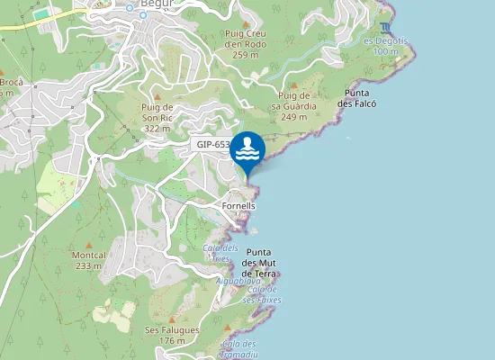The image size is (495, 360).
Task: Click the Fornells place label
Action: point(238,206)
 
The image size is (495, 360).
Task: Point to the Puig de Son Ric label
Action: point(157,118)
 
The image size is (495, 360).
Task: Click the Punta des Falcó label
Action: point(356,98)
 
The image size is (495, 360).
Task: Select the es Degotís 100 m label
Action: point(385,46)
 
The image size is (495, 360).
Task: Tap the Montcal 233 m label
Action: point(88,260)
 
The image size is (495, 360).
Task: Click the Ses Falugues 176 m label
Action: point(171,335)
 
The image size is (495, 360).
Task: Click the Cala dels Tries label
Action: point(220,253)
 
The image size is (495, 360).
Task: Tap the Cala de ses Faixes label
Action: point(262,294)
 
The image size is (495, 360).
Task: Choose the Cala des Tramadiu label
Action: point(239,349)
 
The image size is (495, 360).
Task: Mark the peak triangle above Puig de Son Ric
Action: point(157,95)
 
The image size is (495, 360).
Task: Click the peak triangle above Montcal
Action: point(88,244)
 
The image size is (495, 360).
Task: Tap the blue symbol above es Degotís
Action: point(385,27)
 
